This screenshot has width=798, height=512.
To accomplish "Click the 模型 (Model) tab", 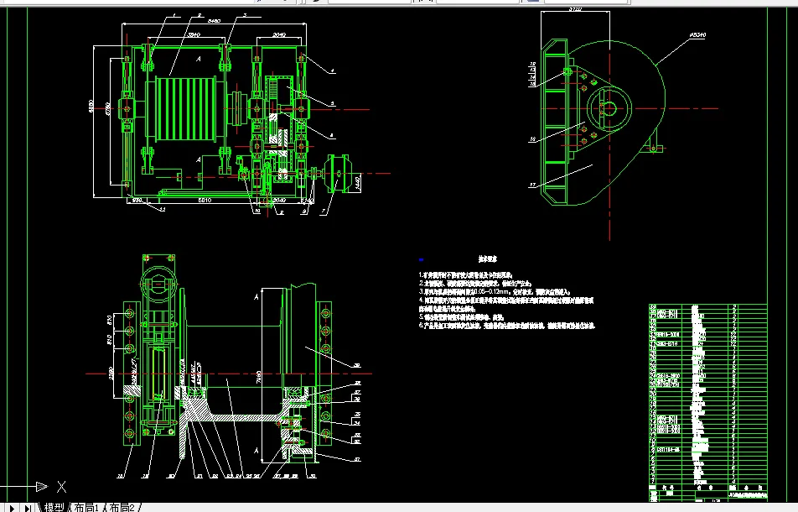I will (x=54, y=506).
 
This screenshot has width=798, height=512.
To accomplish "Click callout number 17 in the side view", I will (x=531, y=184).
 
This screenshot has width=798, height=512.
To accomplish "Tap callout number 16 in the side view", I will (x=531, y=138).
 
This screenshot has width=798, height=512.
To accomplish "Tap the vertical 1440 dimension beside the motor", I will (x=359, y=180).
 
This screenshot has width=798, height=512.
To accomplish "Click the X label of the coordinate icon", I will (x=61, y=485).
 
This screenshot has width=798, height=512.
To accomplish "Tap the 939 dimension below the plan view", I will (x=136, y=201).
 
